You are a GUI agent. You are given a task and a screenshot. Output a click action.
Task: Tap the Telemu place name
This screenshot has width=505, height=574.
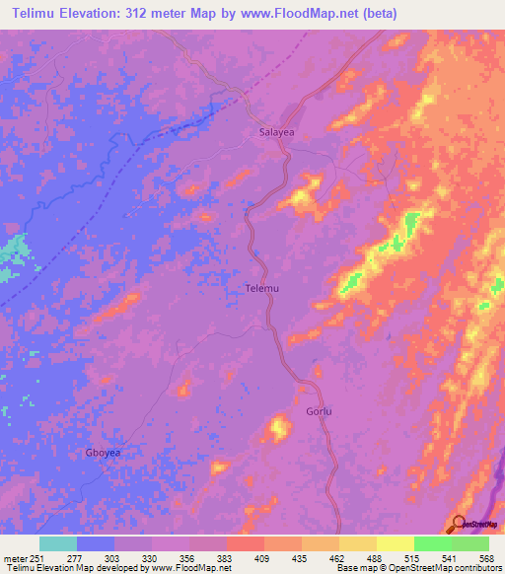point(263,288)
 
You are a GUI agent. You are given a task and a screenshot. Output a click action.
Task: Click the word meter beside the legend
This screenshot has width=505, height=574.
point(16,558)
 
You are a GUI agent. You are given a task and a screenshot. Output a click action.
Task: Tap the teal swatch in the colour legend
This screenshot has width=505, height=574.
point(58,543)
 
